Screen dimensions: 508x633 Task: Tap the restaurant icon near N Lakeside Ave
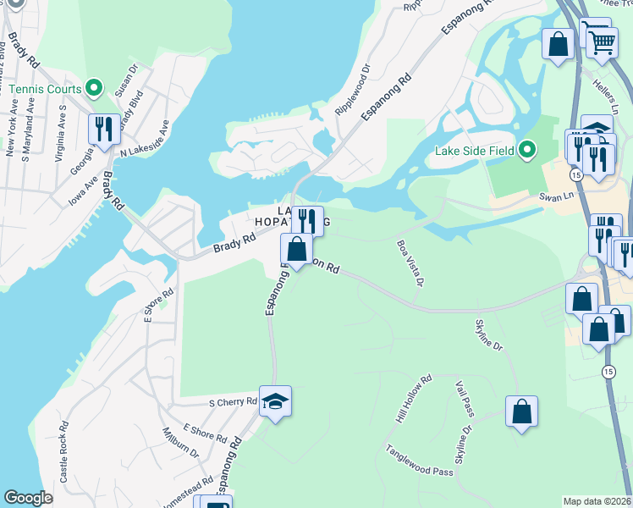pos(104,130)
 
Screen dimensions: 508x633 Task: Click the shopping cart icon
pos(601,40)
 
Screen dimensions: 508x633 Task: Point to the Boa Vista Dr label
pos(409,262)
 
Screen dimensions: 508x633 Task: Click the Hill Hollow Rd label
pos(414,400)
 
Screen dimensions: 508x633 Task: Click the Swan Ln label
pos(557,196)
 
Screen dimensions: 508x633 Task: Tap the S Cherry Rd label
pos(233,401)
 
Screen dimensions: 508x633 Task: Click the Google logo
pos(28,498)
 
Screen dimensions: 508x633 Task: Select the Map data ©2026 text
pos(597,501)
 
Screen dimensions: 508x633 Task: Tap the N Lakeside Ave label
pos(145,138)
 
